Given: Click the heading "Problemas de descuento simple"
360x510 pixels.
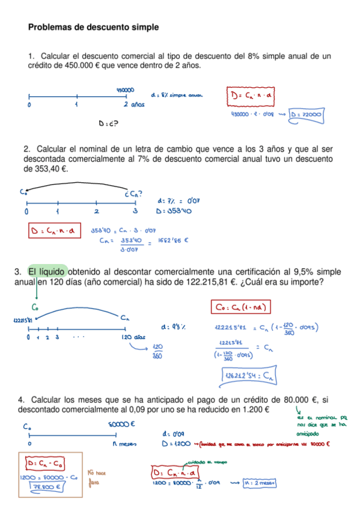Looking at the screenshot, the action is coord(93,27).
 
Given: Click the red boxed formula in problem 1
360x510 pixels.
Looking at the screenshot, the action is coord(251,96).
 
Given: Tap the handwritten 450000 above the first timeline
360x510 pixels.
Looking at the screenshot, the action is coord(125,90).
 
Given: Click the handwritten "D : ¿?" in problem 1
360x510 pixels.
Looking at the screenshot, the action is coord(108,124).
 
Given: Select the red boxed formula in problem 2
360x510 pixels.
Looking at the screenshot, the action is coord(54,230).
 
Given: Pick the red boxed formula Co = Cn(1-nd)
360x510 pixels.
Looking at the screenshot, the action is coord(241,307).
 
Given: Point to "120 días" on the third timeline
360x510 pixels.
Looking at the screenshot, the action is coord(133,337).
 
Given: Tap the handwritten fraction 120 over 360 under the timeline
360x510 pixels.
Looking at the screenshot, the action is coord(159,351).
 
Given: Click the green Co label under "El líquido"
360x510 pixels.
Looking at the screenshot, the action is coord(35,306).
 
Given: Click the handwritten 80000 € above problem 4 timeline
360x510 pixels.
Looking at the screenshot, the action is coord(121,424).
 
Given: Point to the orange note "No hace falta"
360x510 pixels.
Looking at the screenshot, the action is coord(97,476).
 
